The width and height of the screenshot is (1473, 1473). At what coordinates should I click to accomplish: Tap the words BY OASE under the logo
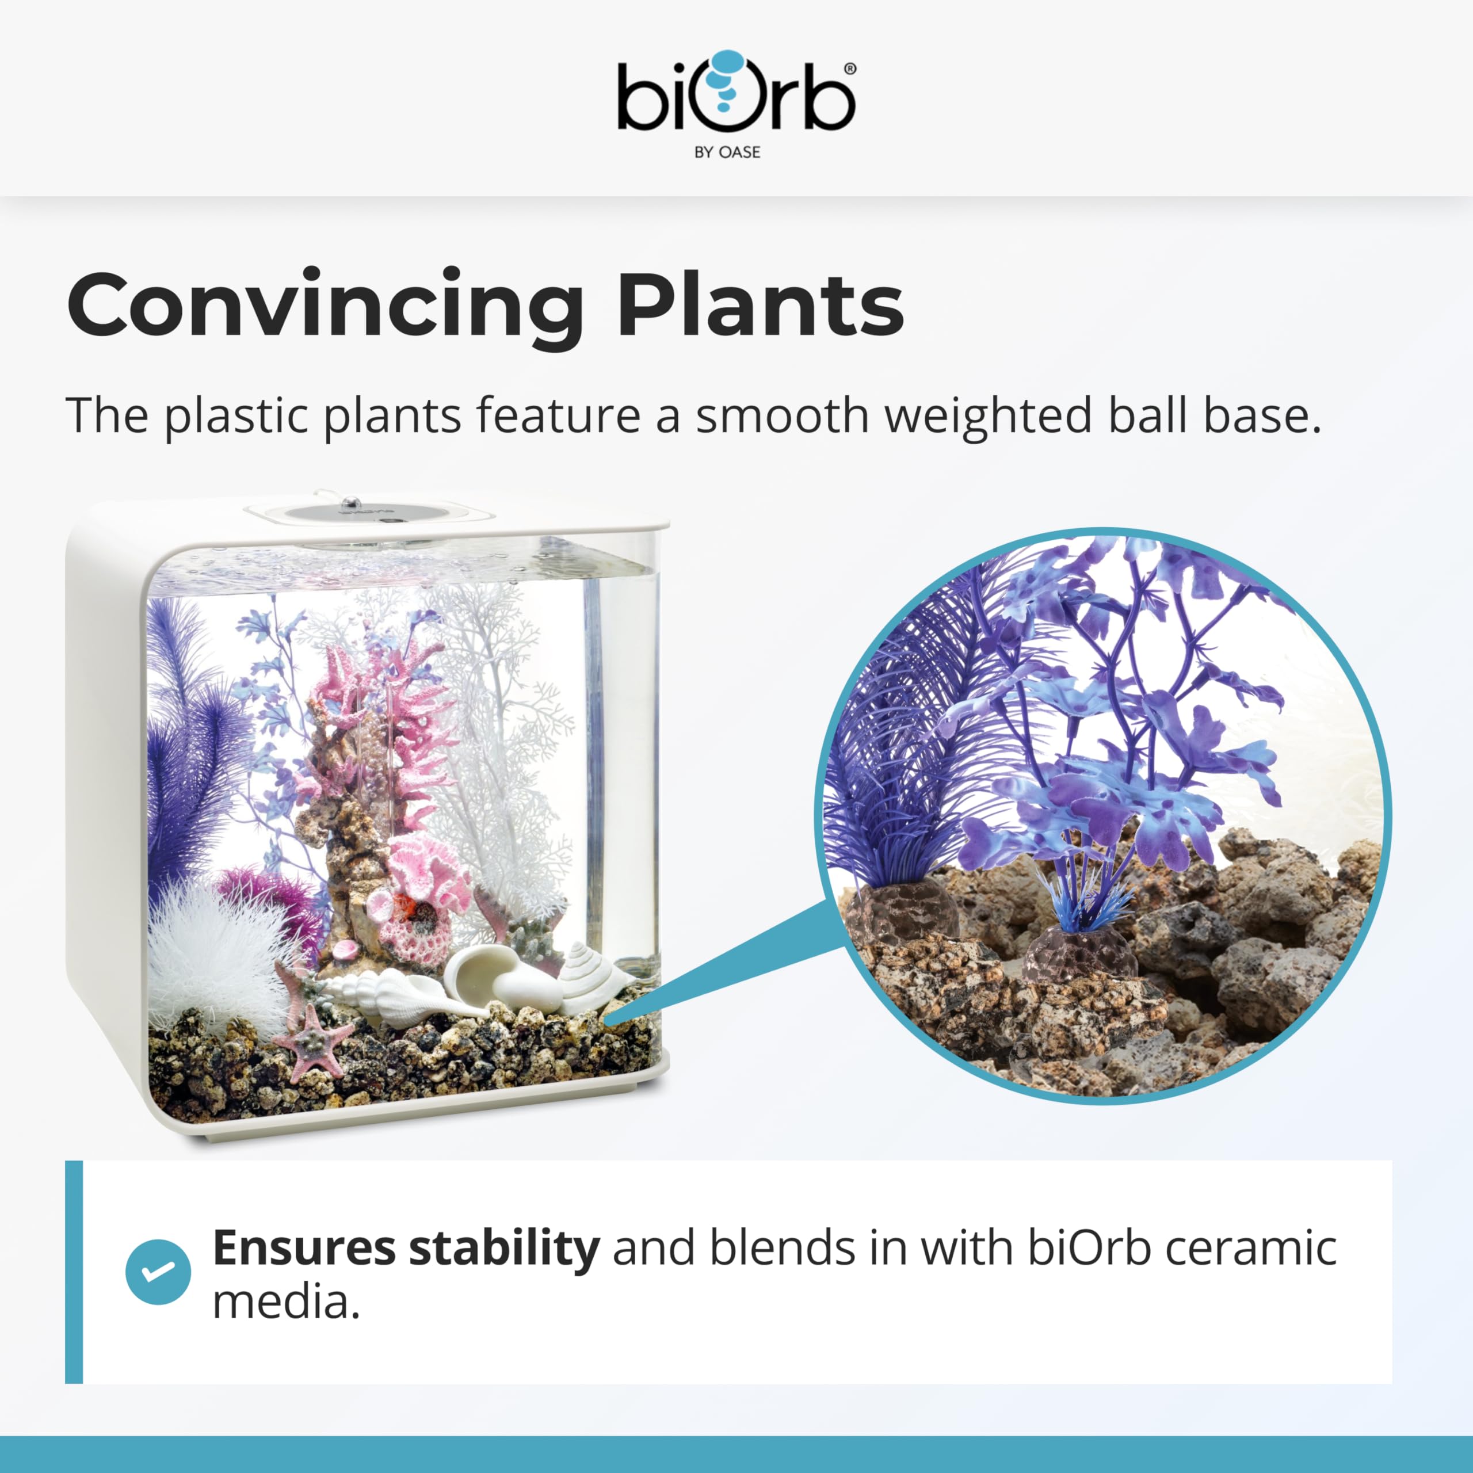pos(727,152)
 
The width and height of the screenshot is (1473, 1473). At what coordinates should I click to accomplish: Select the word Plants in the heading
pos(760,303)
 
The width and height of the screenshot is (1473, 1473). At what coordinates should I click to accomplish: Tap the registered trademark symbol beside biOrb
pos(850,68)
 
